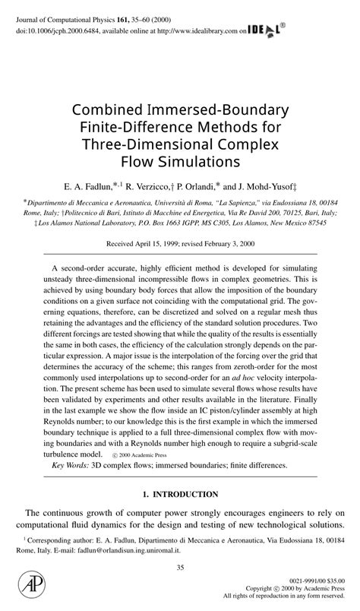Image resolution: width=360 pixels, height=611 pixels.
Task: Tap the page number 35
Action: click(x=180, y=567)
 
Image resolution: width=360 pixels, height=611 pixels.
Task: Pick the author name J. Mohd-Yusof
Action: click(x=267, y=185)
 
